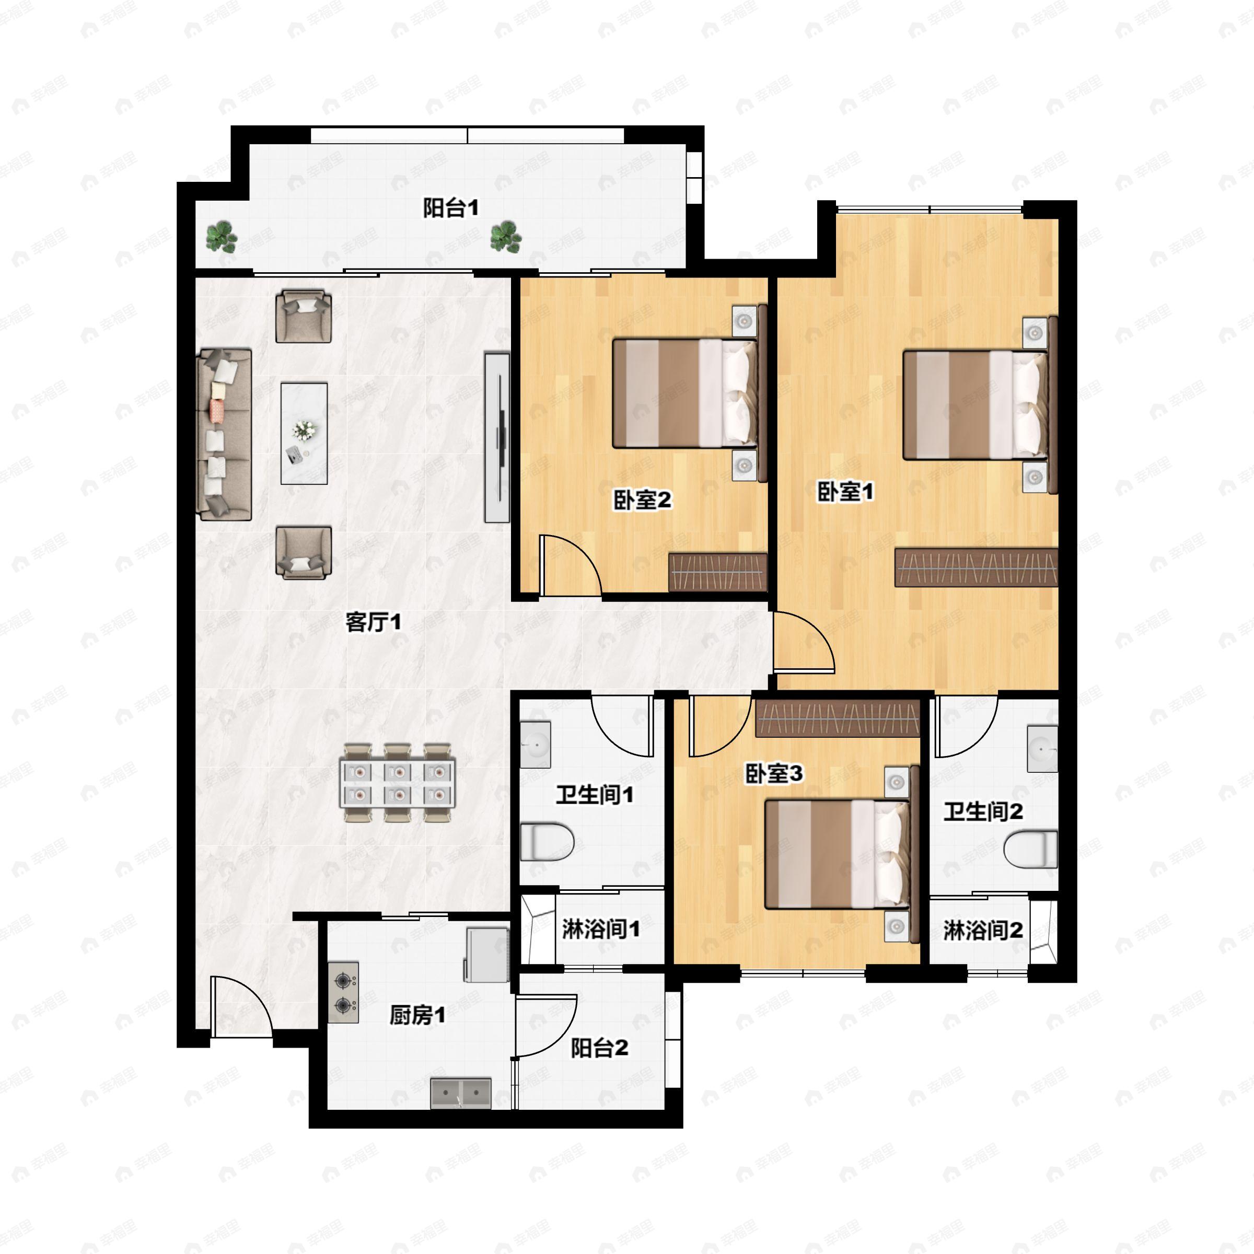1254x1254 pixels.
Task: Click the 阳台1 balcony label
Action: tap(450, 208)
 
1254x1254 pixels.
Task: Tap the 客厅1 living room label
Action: tap(373, 622)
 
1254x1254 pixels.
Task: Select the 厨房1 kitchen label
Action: tap(417, 1015)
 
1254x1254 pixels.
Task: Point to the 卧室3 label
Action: tap(773, 774)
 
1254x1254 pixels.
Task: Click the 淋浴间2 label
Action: tap(983, 931)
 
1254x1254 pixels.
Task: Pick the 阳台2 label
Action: tap(599, 1048)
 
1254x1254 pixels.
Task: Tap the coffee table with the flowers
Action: tap(304, 433)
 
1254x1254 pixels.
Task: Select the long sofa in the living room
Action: tap(225, 434)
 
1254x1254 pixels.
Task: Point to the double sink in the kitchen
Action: tap(461, 1093)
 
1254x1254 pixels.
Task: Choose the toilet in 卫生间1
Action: tap(547, 842)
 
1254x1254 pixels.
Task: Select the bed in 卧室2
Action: tap(685, 393)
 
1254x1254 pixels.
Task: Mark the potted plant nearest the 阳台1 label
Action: tap(506, 236)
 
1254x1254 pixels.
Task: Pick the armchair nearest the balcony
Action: tap(303, 316)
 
